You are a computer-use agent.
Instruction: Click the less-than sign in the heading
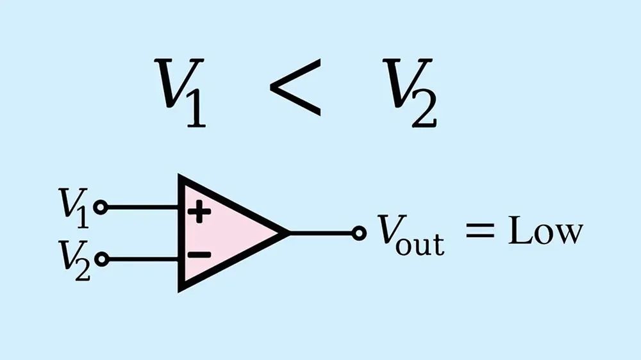coord(295,88)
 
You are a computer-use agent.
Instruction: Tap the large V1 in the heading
coord(180,92)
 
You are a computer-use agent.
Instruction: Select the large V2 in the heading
coord(410,92)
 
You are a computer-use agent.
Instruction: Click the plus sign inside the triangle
coord(199,211)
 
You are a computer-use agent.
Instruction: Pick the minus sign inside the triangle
coord(199,255)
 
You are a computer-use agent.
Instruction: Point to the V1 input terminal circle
coord(101,207)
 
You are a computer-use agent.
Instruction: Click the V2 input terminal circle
coord(102,259)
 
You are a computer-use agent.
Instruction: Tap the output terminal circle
coord(359,233)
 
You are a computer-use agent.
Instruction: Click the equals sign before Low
coord(480,230)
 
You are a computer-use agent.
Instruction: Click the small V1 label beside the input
coord(74,208)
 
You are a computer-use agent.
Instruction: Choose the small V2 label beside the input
coord(74,260)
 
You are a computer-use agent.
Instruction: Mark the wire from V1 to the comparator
coord(143,208)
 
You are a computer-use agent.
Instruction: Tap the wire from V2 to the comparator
coord(144,259)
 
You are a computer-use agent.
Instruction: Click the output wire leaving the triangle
coord(321,233)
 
